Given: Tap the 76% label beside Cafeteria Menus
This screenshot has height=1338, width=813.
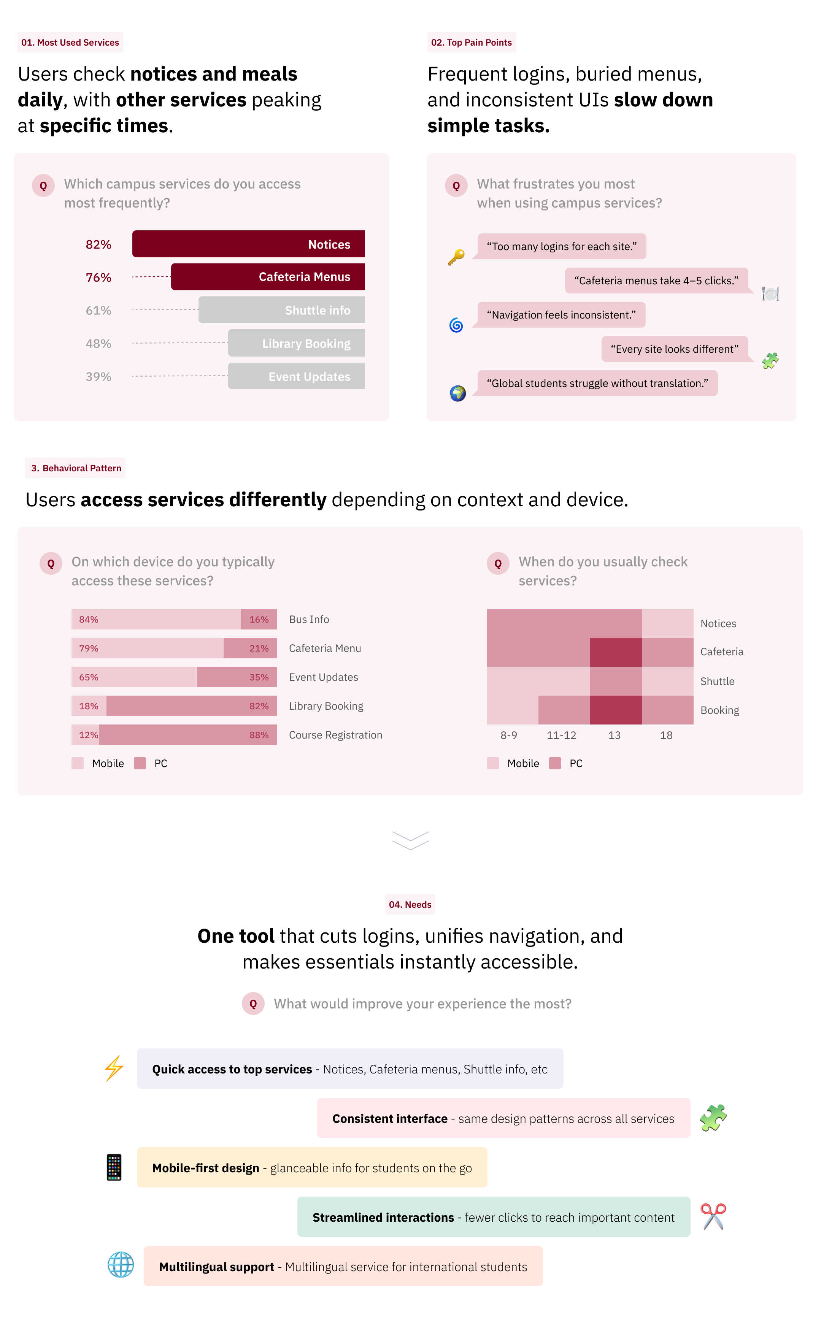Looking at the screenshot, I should coord(98,277).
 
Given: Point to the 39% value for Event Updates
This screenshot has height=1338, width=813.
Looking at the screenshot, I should coord(98,376).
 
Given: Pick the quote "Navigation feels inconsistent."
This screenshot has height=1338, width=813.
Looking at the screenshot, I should coord(561,314).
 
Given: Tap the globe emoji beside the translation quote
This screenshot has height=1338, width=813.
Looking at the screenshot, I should coord(457,393).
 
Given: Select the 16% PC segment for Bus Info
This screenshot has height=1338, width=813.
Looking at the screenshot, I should coord(259,619).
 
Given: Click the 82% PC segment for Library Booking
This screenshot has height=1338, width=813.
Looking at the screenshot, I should coord(191,705).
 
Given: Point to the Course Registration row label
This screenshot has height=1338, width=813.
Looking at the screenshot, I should coord(335,735).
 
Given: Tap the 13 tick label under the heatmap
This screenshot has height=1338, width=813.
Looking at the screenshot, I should coord(614,735).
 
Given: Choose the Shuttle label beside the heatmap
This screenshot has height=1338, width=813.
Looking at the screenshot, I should coord(717,681).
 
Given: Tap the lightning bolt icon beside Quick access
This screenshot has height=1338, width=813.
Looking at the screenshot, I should coord(114,1068).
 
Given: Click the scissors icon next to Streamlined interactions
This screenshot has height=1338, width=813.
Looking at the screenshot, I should coord(713,1216).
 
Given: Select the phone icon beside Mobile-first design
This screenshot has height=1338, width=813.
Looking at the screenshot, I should coord(114,1167).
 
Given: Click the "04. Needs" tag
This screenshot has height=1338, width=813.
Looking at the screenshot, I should coord(410,904).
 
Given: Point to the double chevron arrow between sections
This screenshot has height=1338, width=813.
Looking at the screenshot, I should coord(410,840).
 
